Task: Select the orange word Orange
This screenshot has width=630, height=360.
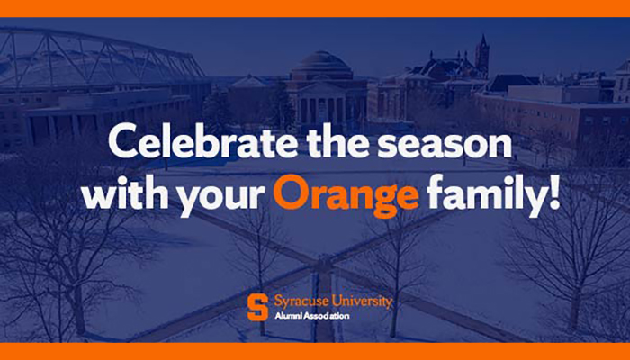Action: pyautogui.click(x=346, y=196)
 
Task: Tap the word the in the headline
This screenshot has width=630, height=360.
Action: pyautogui.click(x=337, y=141)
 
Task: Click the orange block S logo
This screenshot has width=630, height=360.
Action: pyautogui.click(x=257, y=308)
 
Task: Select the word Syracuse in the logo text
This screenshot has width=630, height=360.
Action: pyautogui.click(x=300, y=301)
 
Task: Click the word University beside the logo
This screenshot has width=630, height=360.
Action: pyautogui.click(x=360, y=301)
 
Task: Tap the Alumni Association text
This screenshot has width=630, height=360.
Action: pyautogui.click(x=311, y=316)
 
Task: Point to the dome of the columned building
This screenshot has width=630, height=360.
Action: pyautogui.click(x=322, y=64)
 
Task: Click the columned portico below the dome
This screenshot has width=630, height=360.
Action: pyautogui.click(x=326, y=105)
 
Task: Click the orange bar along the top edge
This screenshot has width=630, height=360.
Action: pyautogui.click(x=315, y=8)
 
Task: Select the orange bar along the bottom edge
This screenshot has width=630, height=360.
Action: pyautogui.click(x=315, y=351)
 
